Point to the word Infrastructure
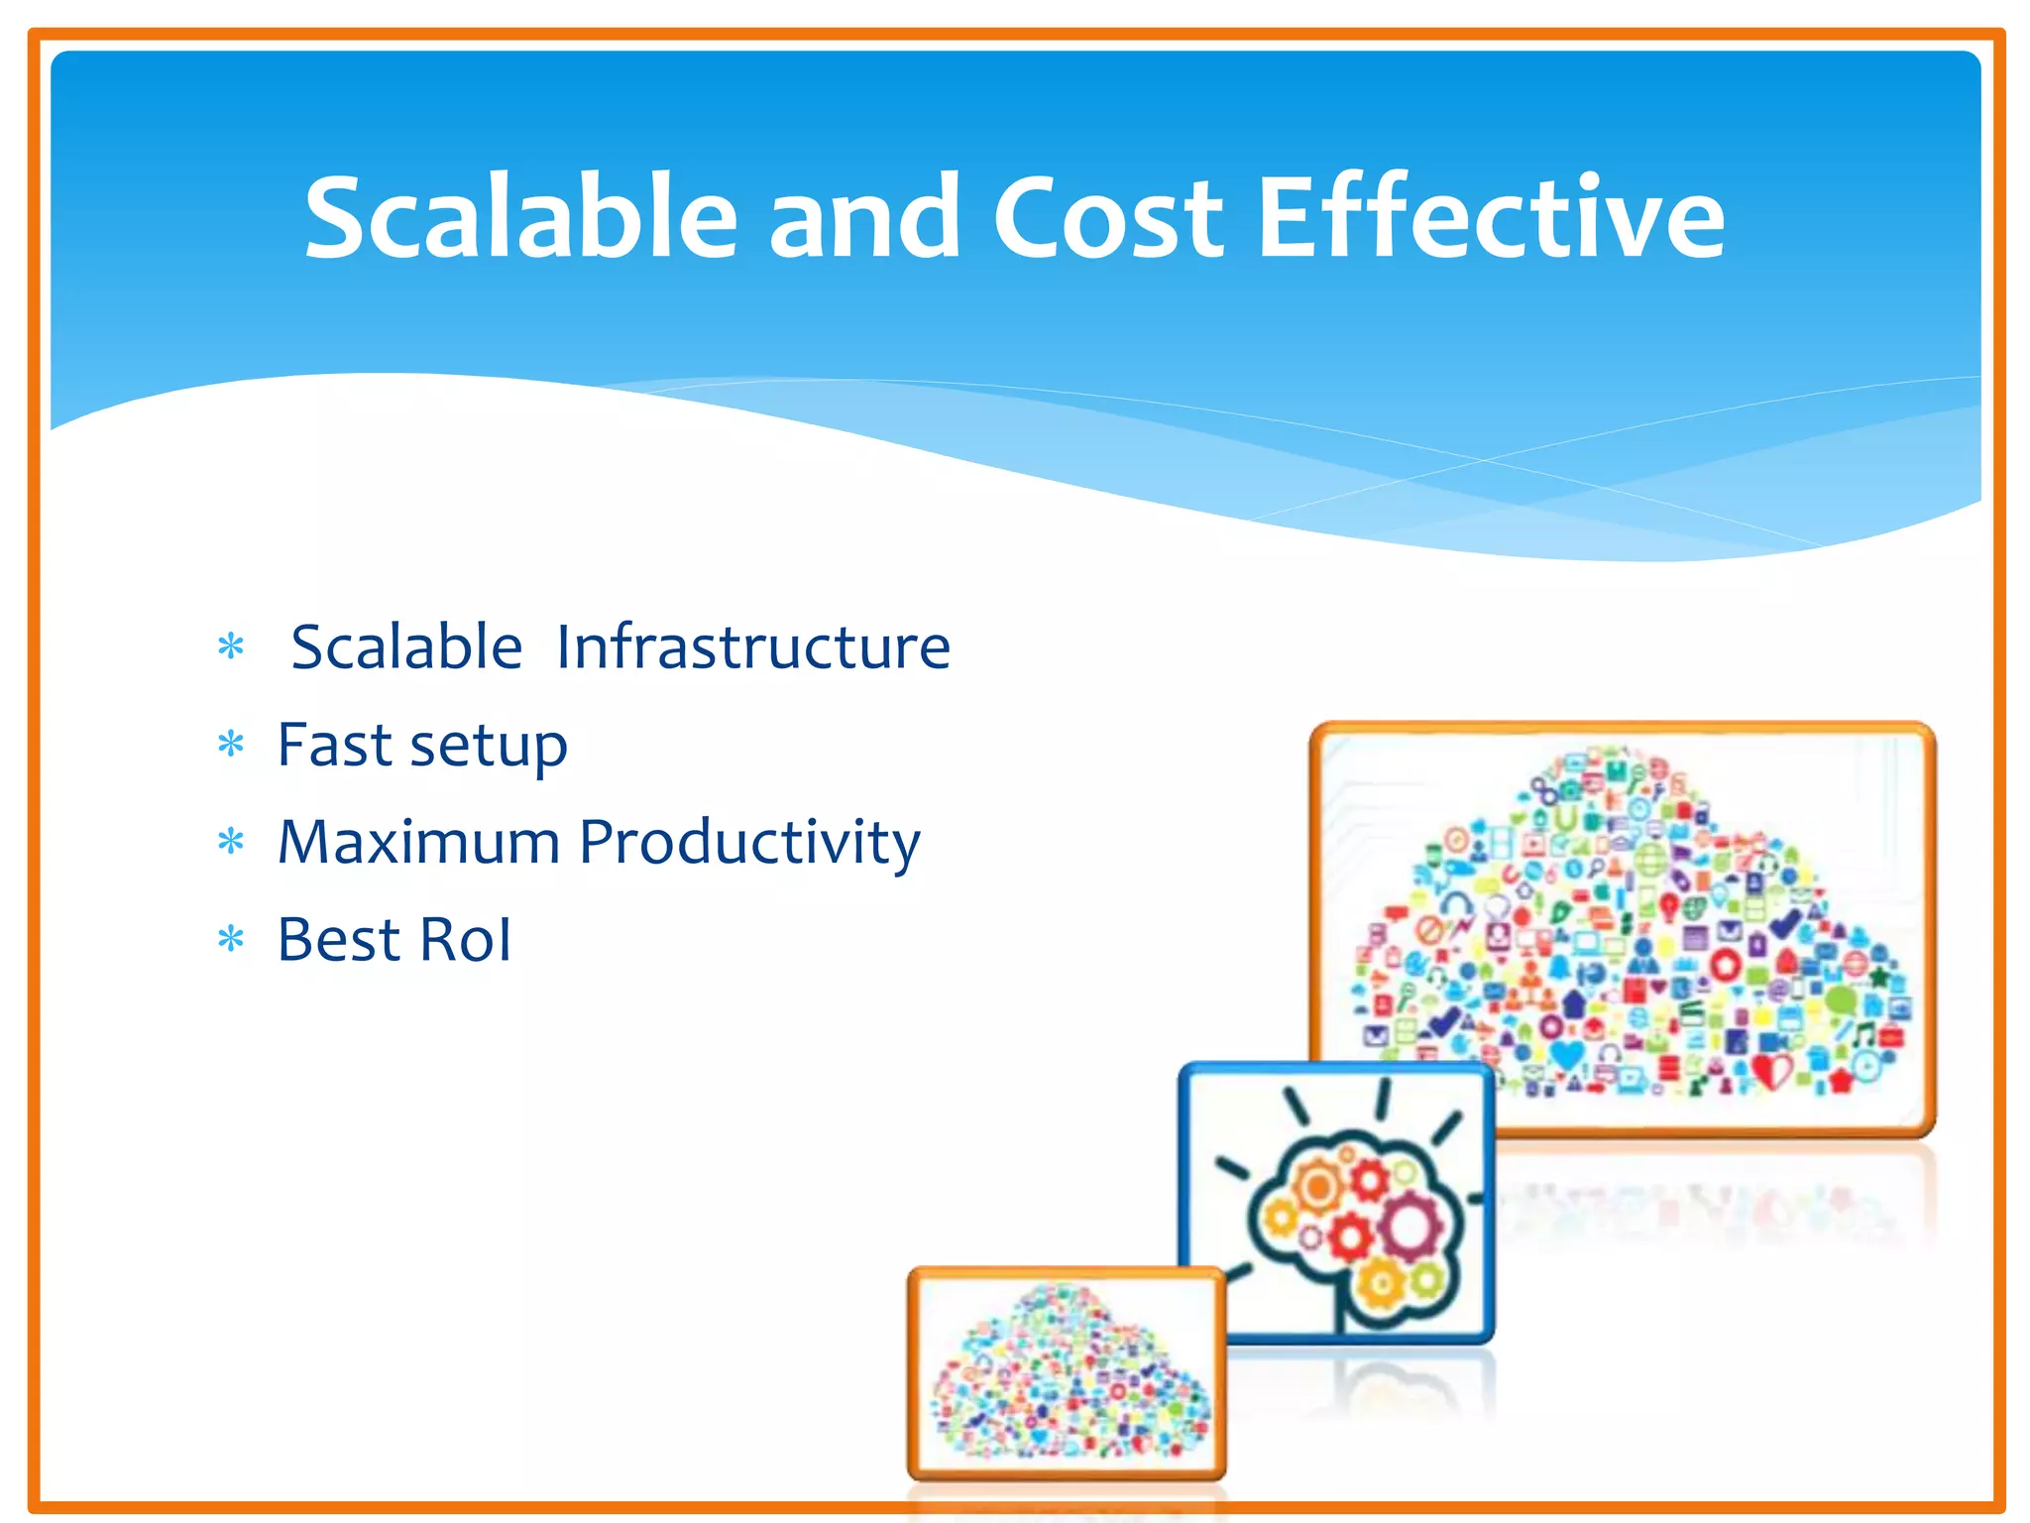click(x=753, y=647)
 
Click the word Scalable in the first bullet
click(x=406, y=647)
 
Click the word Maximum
click(x=418, y=842)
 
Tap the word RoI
click(x=465, y=939)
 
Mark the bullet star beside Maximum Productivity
click(x=231, y=842)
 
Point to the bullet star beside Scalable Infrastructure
click(x=231, y=647)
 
